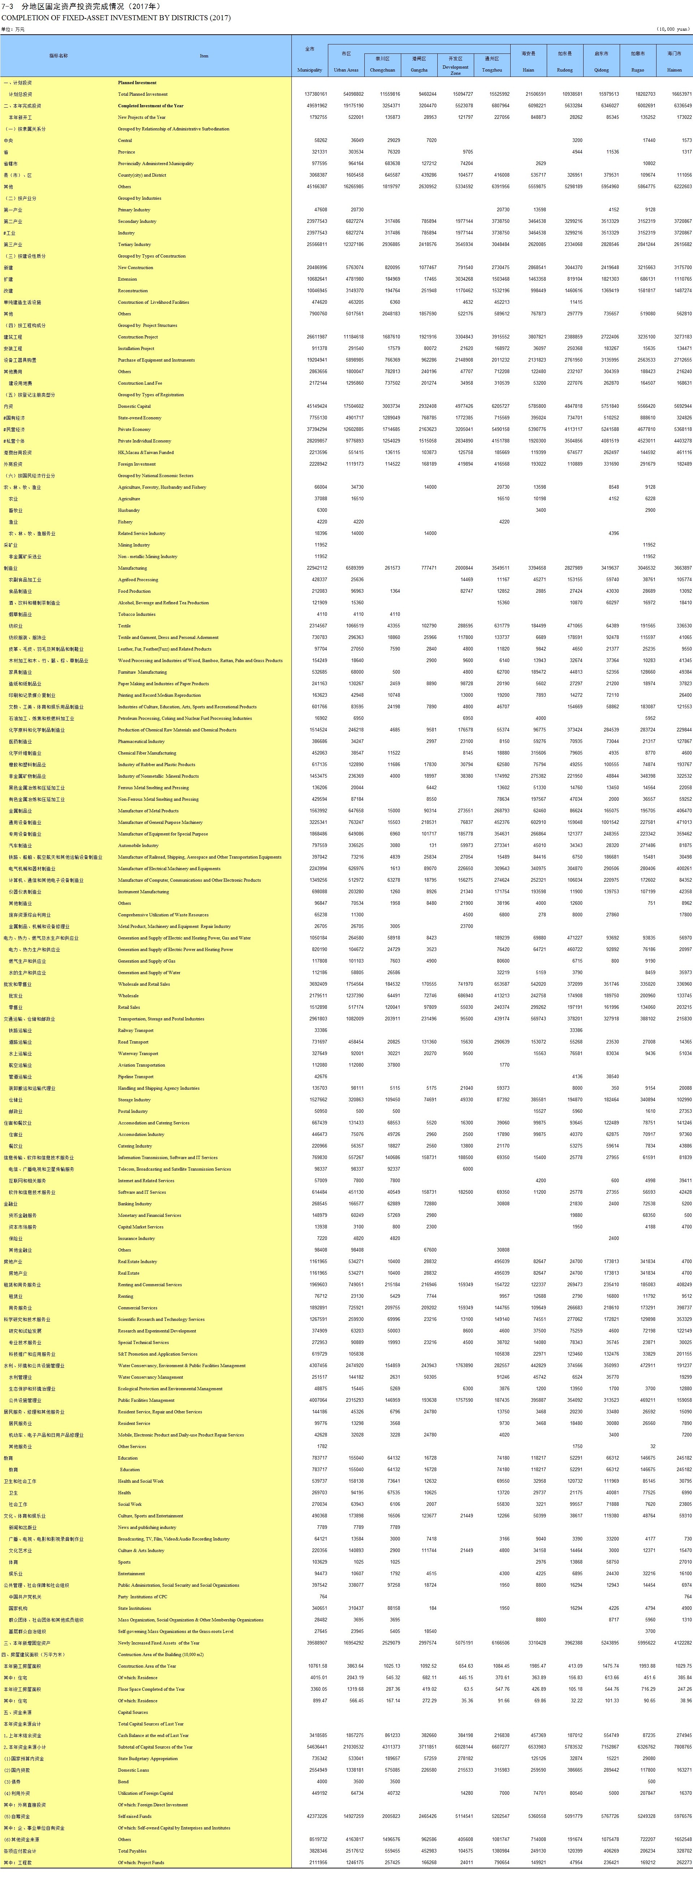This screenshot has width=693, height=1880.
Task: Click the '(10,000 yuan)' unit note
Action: [672, 29]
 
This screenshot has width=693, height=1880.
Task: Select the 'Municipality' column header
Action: [310, 70]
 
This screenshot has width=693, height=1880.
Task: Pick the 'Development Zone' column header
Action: [455, 70]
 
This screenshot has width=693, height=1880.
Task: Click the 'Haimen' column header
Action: [674, 70]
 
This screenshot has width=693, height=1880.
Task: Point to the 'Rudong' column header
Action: [564, 70]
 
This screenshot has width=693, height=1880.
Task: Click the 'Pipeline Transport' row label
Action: [136, 1076]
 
